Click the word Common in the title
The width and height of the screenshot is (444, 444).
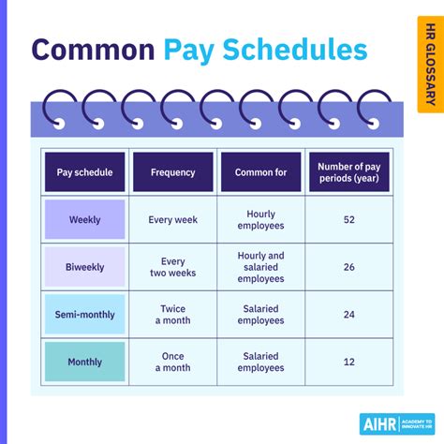pyautogui.click(x=92, y=50)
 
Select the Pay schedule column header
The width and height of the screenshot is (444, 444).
pyautogui.click(x=84, y=172)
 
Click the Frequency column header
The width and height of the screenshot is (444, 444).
pyautogui.click(x=172, y=172)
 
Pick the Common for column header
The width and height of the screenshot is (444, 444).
pyautogui.click(x=260, y=172)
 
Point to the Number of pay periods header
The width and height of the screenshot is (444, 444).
pyautogui.click(x=348, y=172)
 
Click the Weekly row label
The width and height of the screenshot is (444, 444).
pyautogui.click(x=84, y=220)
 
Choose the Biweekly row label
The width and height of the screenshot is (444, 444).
pyautogui.click(x=84, y=266)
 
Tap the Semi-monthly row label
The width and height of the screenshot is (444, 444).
pyautogui.click(x=84, y=315)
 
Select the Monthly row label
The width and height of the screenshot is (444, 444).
pyautogui.click(x=84, y=362)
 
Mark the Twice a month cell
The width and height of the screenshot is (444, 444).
pyautogui.click(x=172, y=315)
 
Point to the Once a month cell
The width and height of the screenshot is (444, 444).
pyautogui.click(x=172, y=362)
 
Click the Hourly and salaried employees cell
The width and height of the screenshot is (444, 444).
pyautogui.click(x=260, y=267)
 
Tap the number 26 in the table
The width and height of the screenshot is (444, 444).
pyautogui.click(x=348, y=267)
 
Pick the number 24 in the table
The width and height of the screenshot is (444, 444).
pyautogui.click(x=348, y=315)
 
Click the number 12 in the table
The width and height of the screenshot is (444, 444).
pyautogui.click(x=348, y=362)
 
